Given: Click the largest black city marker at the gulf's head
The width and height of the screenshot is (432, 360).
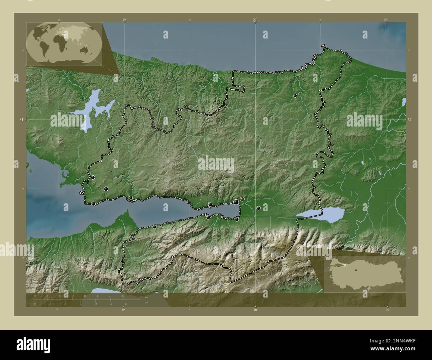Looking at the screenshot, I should coord(236,202).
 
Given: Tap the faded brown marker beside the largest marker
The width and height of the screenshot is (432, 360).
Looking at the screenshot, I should coord(243,199).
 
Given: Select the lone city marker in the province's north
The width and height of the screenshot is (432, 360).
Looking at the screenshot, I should coord(295,96).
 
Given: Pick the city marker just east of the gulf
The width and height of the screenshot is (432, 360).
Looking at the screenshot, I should coord(258,208).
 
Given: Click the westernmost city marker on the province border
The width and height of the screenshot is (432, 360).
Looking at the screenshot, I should coord(93,177).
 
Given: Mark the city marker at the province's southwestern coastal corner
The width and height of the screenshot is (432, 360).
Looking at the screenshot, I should coord(94,204).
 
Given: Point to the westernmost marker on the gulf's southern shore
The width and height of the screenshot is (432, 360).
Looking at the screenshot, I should coord(155,227).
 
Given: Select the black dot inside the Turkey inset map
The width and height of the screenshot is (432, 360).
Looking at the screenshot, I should coord(355,270).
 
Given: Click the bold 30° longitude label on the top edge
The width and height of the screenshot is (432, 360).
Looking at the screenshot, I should coord(255,20).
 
